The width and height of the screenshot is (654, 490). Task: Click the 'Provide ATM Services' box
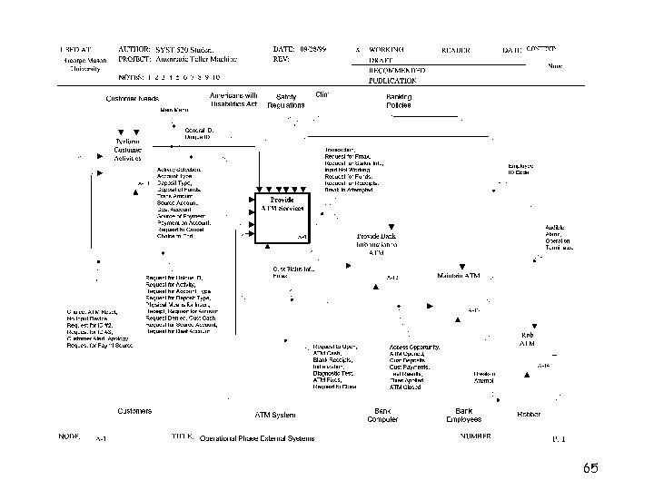pos(281,219)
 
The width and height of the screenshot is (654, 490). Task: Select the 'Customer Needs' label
pos(134,98)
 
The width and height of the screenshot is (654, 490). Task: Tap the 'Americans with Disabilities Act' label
pos(233,100)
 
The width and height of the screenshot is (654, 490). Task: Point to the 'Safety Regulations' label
pos(286,101)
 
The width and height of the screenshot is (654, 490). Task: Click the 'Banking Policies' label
pos(398,101)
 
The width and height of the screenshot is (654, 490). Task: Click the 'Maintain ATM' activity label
pos(459,275)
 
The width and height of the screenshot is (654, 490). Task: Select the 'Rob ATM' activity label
pos(527,339)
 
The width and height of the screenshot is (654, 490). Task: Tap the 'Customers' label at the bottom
pos(134,411)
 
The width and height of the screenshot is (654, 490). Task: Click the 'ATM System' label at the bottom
pos(274,415)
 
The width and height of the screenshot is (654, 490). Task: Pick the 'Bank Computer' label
pos(382,415)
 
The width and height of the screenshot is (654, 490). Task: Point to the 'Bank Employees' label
pos(463,415)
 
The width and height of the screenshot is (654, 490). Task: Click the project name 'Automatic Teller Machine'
pos(196,59)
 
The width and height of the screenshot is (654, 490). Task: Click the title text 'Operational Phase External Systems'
pos(257,438)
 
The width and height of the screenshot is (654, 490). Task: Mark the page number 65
pos(591,468)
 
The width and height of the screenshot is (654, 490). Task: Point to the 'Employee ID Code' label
pos(520,169)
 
